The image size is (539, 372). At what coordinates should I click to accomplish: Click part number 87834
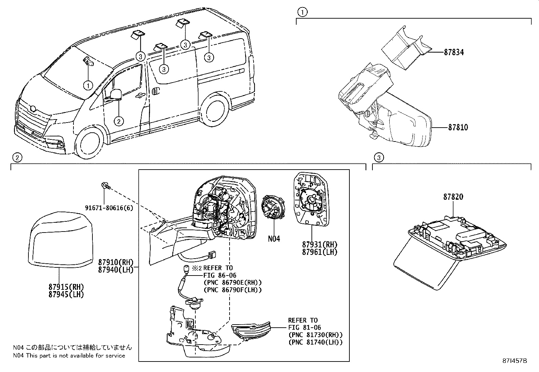click(454, 52)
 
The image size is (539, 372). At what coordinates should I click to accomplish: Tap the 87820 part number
click(453, 197)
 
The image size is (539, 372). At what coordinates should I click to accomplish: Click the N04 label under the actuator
click(274, 239)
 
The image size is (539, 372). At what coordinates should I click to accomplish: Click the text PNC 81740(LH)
click(316, 342)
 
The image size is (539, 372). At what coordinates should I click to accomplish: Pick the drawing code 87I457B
click(515, 361)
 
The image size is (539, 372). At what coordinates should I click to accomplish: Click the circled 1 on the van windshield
click(88, 85)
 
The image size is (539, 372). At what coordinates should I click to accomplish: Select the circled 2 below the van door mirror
click(118, 121)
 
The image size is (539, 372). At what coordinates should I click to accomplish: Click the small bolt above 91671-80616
click(105, 185)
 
